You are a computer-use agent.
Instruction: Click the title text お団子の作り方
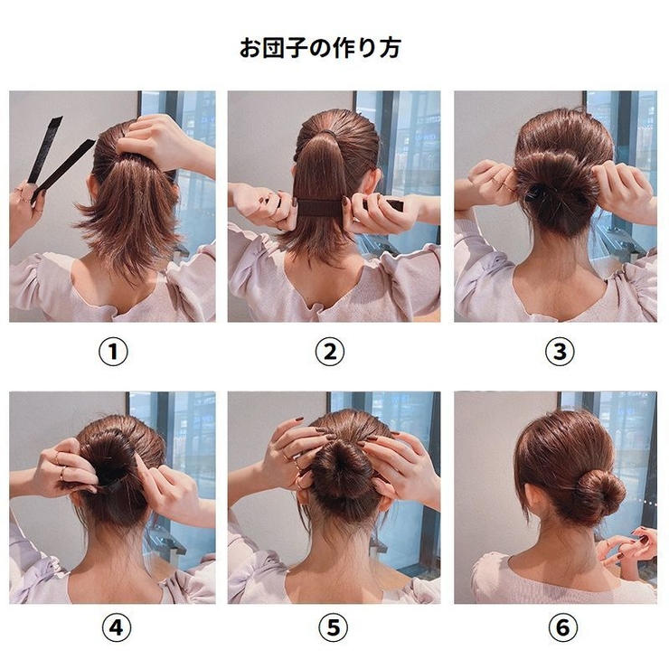coord(320,48)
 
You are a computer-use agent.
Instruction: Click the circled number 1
coord(113,352)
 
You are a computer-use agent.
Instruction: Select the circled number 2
coord(334,352)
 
